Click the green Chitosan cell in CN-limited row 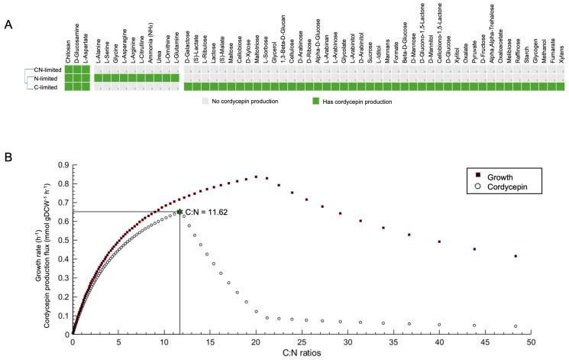point(69,70)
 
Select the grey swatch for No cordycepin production point(204,101)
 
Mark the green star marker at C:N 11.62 point(179,212)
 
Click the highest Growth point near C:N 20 point(256,177)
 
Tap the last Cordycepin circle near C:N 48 point(516,326)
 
